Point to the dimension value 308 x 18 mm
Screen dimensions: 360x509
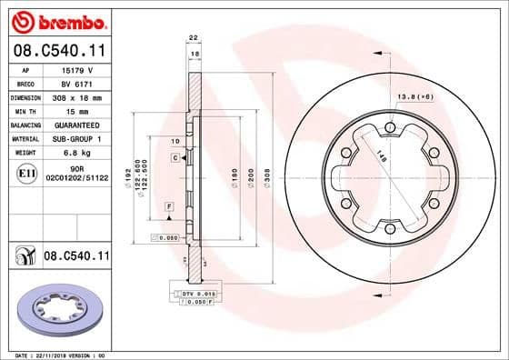click(76, 95)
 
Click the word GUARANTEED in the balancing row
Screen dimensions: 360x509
click(76, 124)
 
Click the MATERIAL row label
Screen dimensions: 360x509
click(25, 138)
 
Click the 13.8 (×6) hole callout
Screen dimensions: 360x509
click(414, 95)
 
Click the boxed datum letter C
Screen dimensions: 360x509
click(174, 158)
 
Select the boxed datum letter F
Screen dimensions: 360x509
click(168, 208)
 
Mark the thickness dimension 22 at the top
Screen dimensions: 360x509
click(193, 37)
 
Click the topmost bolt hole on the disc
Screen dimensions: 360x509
click(389, 127)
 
